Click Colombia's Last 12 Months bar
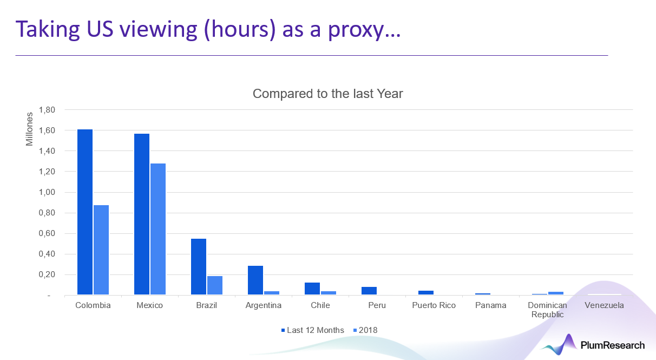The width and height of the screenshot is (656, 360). click(x=85, y=212)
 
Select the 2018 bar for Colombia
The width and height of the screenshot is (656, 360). click(x=101, y=250)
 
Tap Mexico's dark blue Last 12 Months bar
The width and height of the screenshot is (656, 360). click(x=142, y=214)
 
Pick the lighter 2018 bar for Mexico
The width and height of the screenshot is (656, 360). click(x=158, y=229)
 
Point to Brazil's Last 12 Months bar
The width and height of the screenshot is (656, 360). click(x=199, y=266)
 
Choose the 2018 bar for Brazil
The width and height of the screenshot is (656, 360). click(x=215, y=285)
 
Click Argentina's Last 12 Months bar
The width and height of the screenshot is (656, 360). click(x=255, y=280)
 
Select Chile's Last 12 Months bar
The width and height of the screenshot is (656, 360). click(x=312, y=289)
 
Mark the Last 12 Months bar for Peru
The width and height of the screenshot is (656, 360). click(x=369, y=291)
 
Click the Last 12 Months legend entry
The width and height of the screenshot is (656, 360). click(x=312, y=330)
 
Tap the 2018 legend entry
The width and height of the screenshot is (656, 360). click(x=365, y=330)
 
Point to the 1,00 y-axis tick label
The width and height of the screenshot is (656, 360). click(x=47, y=192)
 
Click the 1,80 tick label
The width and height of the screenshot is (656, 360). click(x=47, y=110)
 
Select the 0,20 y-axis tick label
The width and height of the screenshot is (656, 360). click(x=47, y=274)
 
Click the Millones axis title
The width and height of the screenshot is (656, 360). click(x=29, y=129)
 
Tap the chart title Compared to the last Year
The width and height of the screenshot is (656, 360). click(x=327, y=94)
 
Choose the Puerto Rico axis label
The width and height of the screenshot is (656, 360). click(x=434, y=305)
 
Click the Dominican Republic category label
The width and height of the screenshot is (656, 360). click(x=547, y=310)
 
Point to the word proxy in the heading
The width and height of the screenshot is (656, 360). click(x=356, y=30)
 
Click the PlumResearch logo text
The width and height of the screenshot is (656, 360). click(x=613, y=345)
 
